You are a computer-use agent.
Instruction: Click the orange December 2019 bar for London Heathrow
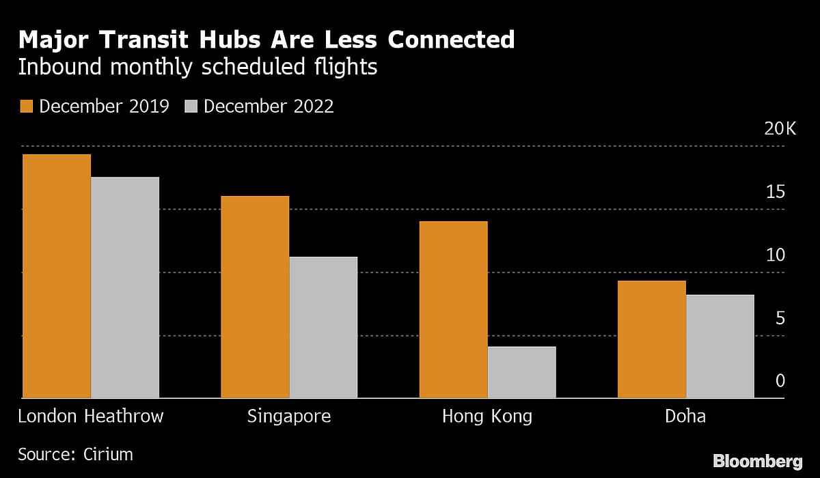57,276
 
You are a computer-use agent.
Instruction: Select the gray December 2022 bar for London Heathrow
125,287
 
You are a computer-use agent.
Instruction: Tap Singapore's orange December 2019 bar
255,297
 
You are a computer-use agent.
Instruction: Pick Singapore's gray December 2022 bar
323,327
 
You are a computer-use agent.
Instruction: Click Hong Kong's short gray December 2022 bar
521,372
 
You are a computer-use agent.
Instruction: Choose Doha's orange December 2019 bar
651,339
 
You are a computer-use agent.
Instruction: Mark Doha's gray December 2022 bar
720,346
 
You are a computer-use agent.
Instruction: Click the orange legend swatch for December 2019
27,107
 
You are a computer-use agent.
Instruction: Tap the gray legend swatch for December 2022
191,107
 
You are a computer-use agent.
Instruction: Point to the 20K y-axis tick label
780,129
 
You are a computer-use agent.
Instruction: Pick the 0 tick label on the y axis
780,381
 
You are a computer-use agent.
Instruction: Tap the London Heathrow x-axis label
91,417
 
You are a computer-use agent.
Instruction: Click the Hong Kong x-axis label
487,417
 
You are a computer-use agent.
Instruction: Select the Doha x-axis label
685,417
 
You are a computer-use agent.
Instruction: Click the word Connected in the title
451,40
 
